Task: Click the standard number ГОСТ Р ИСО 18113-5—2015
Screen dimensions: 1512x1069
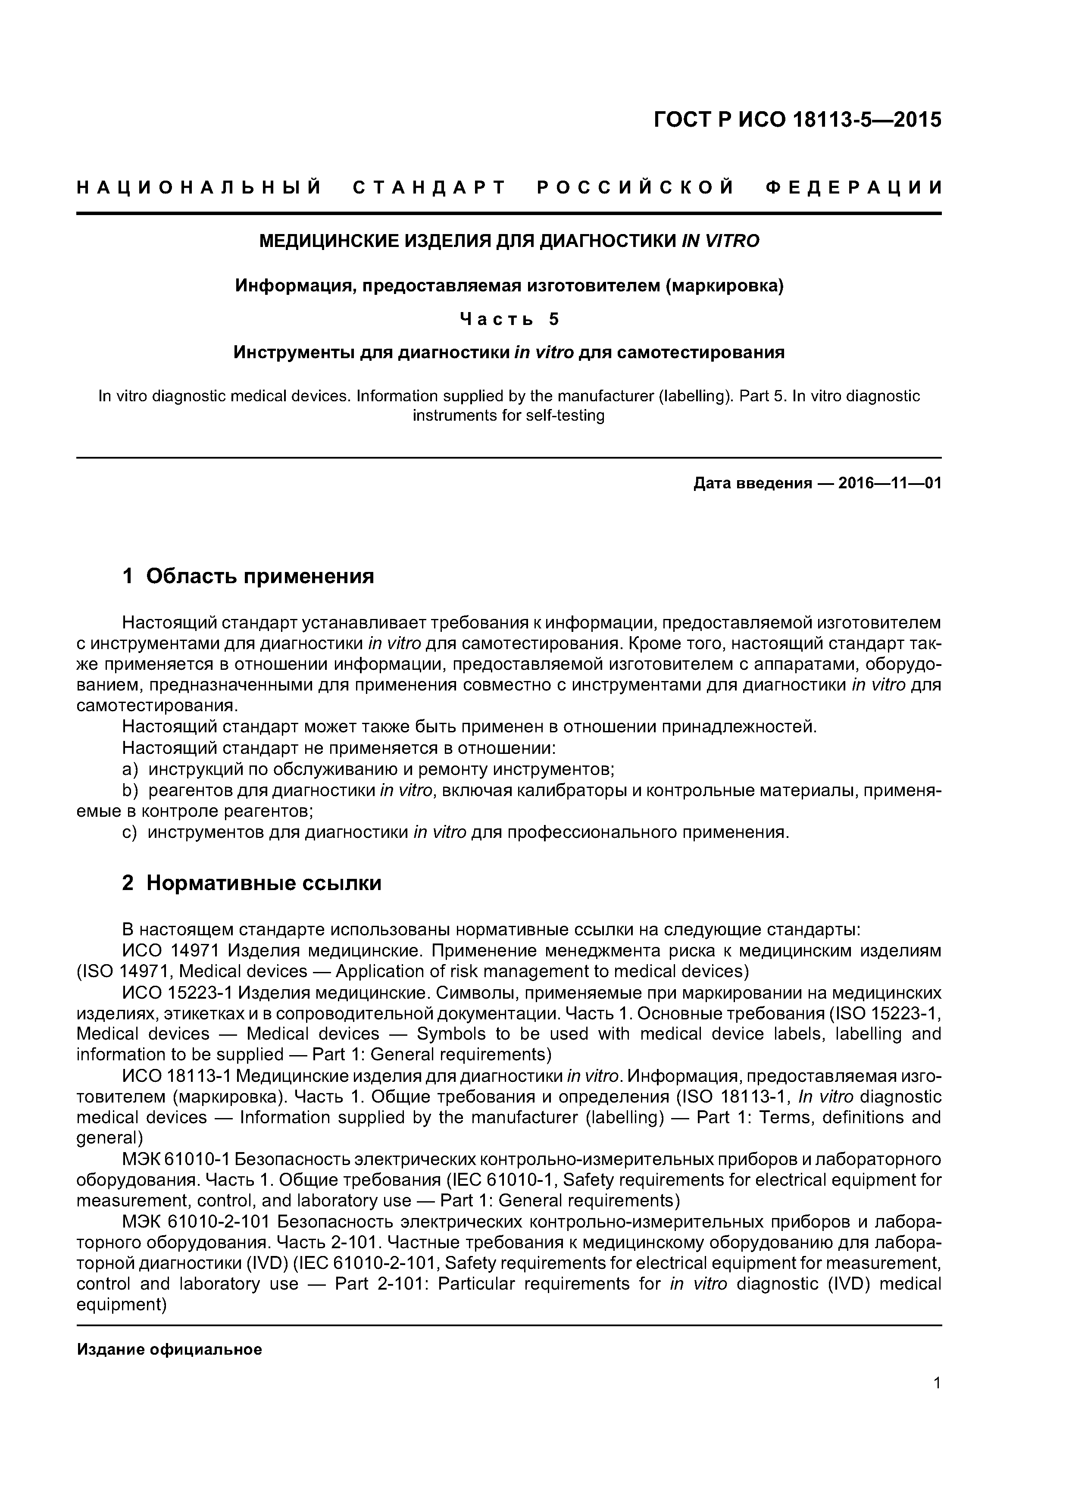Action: [797, 120]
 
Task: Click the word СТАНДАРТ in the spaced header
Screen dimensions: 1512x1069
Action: [429, 188]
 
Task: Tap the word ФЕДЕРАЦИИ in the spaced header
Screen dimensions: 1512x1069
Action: [853, 188]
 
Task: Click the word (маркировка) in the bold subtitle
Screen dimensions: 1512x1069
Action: [725, 286]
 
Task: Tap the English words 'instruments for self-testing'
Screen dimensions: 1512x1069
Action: [509, 415]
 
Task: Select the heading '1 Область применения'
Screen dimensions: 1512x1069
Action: [248, 576]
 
